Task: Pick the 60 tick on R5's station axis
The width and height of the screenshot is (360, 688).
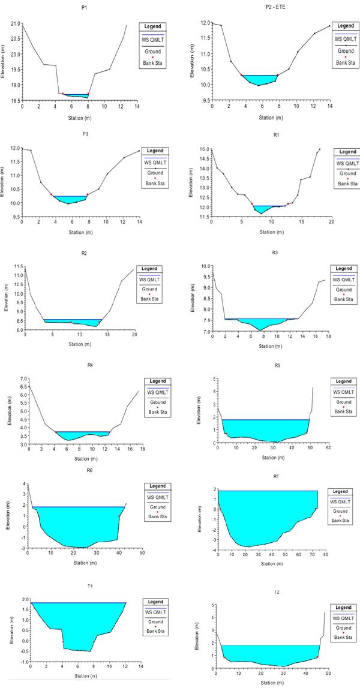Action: pyautogui.click(x=328, y=447)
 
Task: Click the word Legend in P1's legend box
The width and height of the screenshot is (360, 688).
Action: pyautogui.click(x=152, y=26)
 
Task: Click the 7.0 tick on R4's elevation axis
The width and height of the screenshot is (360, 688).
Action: pyautogui.click(x=16, y=379)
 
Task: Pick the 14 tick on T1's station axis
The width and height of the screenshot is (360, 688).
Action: pyautogui.click(x=141, y=666)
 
